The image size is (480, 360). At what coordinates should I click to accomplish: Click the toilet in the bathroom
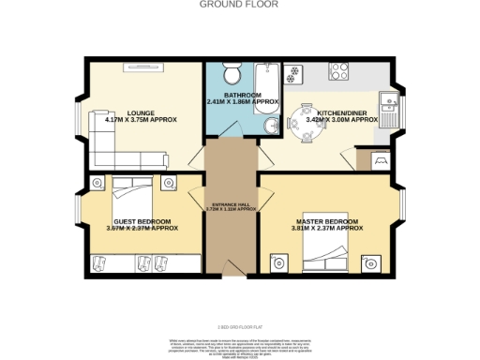(x=232, y=74)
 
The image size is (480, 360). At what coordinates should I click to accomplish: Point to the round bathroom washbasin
(x=269, y=127)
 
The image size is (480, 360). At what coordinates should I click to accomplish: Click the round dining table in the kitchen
(x=304, y=119)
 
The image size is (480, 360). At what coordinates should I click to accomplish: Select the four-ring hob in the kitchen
(x=292, y=71)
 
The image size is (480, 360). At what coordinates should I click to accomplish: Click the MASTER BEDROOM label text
(x=327, y=220)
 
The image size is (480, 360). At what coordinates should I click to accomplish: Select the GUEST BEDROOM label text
(x=131, y=221)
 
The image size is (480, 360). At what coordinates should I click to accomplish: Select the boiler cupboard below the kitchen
(x=382, y=161)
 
